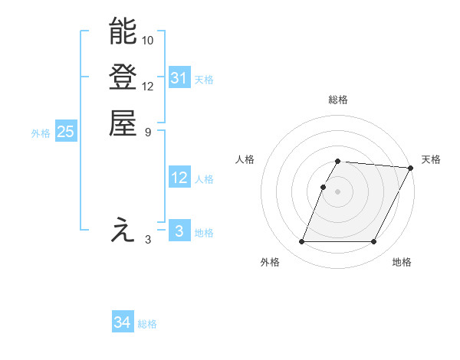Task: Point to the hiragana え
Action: click(x=123, y=231)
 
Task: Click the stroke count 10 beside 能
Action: click(x=148, y=39)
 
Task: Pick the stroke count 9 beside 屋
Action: click(x=148, y=131)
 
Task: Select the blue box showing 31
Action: click(x=179, y=78)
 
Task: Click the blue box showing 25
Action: click(x=66, y=132)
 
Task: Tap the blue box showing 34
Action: click(x=122, y=323)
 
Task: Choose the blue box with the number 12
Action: click(x=179, y=178)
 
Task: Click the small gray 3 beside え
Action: click(x=148, y=240)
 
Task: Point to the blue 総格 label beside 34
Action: click(x=147, y=324)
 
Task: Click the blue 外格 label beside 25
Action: click(x=41, y=133)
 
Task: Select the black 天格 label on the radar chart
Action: click(x=431, y=159)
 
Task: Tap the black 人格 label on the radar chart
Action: click(x=245, y=159)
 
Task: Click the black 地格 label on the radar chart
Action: click(x=402, y=262)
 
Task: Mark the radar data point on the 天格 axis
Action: click(x=411, y=168)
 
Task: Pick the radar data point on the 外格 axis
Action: click(x=301, y=242)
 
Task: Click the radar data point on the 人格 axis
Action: click(x=323, y=187)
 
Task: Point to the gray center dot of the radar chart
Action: click(x=337, y=191)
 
